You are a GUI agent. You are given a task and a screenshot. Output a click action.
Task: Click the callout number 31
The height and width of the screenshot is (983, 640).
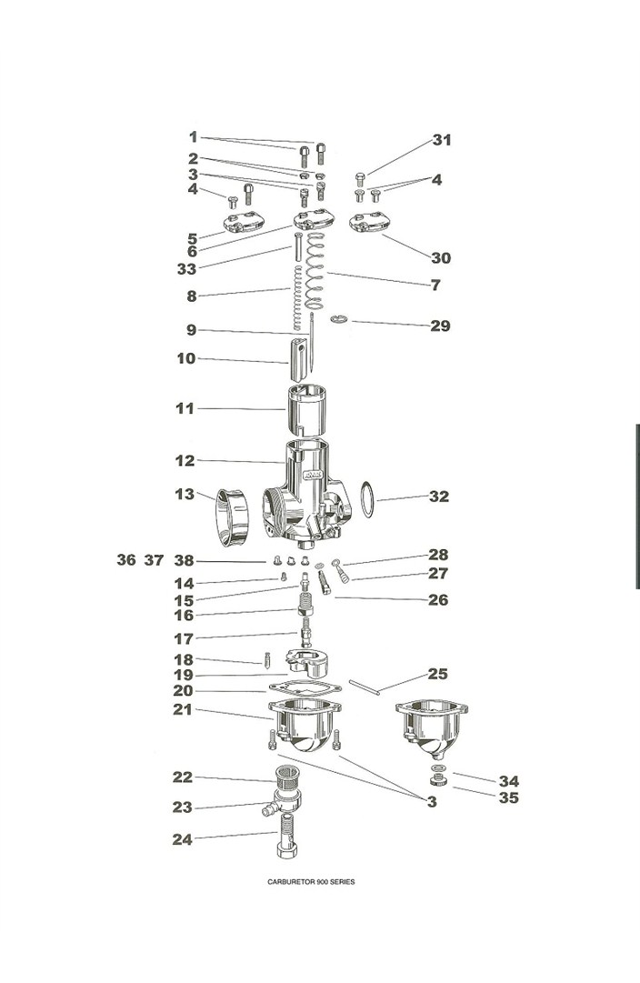(442, 140)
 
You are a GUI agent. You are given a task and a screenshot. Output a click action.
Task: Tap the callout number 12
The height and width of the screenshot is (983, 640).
(185, 461)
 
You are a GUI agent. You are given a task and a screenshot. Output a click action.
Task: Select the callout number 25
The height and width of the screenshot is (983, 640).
(437, 674)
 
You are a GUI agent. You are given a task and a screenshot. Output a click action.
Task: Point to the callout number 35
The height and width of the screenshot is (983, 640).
(508, 798)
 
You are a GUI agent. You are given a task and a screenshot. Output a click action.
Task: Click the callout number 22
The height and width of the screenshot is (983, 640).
(183, 777)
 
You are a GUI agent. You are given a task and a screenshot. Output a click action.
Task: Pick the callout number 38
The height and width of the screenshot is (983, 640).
(185, 560)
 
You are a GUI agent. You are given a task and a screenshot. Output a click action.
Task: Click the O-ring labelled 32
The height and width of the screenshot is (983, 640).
(367, 499)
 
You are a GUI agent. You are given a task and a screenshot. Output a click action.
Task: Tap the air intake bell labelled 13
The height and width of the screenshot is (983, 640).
(232, 517)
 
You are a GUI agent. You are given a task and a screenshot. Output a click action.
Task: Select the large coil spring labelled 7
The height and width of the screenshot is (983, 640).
(315, 271)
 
